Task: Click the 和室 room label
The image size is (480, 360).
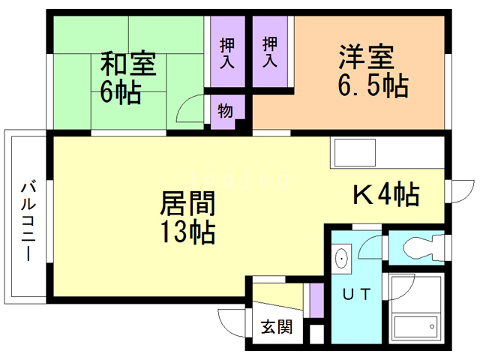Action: tap(128, 63)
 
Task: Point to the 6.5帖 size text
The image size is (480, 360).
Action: tap(373, 85)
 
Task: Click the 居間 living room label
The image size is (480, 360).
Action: tap(188, 202)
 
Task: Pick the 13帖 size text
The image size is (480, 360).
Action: tap(187, 232)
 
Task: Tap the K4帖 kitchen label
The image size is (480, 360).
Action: tap(385, 196)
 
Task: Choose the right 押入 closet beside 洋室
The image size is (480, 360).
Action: tap(270, 52)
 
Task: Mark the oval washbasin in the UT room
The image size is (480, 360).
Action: tap(342, 259)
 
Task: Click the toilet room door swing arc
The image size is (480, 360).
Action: tap(370, 247)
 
